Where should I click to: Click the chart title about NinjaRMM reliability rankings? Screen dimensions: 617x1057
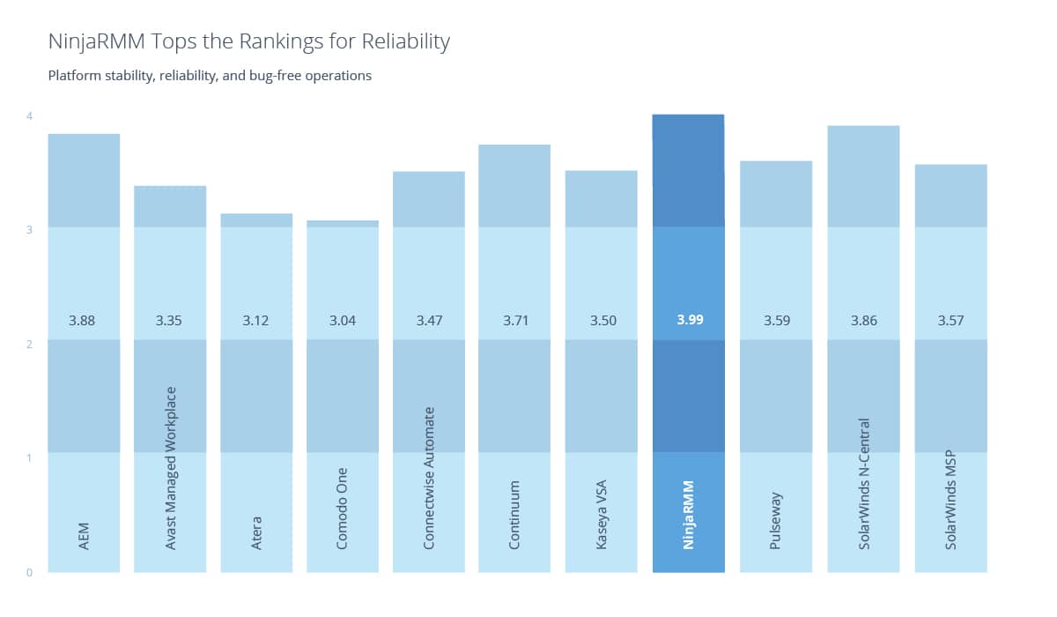pyautogui.click(x=249, y=41)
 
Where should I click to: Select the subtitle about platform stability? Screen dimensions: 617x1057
pyautogui.click(x=210, y=76)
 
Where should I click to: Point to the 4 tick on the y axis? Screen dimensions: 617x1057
pyautogui.click(x=29, y=115)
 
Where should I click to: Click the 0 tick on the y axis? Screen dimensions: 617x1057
pyautogui.click(x=29, y=572)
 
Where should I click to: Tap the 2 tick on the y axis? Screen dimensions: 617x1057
pyautogui.click(x=29, y=344)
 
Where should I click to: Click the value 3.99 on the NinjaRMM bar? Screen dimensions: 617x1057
pyautogui.click(x=690, y=321)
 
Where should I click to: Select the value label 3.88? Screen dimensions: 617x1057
pyautogui.click(x=83, y=321)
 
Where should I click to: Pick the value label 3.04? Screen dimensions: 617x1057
pyautogui.click(x=343, y=321)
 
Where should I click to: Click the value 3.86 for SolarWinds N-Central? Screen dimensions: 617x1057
pyautogui.click(x=863, y=321)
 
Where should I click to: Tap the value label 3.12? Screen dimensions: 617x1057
pyautogui.click(x=256, y=321)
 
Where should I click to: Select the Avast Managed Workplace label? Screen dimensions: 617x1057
pyautogui.click(x=171, y=468)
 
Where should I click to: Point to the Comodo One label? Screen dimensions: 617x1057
pyautogui.click(x=343, y=509)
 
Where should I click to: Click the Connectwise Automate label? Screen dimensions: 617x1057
pyautogui.click(x=429, y=478)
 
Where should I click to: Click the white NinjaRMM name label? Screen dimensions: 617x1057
pyautogui.click(x=689, y=516)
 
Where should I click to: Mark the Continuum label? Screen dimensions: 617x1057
pyautogui.click(x=515, y=515)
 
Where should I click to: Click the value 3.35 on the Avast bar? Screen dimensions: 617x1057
pyautogui.click(x=170, y=321)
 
